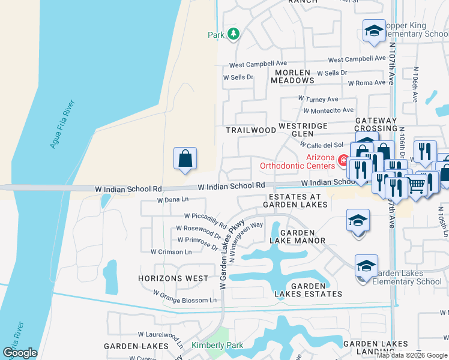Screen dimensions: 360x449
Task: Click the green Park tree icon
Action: (x=234, y=34)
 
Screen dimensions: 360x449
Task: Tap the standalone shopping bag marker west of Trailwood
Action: (x=185, y=159)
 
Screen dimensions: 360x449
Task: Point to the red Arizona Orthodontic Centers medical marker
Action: (x=343, y=160)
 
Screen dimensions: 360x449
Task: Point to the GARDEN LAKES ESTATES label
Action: (x=309, y=290)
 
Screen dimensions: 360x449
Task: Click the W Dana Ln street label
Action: (x=173, y=200)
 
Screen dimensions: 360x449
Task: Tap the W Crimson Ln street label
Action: (x=171, y=252)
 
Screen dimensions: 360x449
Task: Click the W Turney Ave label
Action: (x=318, y=99)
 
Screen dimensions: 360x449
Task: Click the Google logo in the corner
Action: (x=20, y=353)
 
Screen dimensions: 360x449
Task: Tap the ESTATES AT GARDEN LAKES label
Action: (x=298, y=200)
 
